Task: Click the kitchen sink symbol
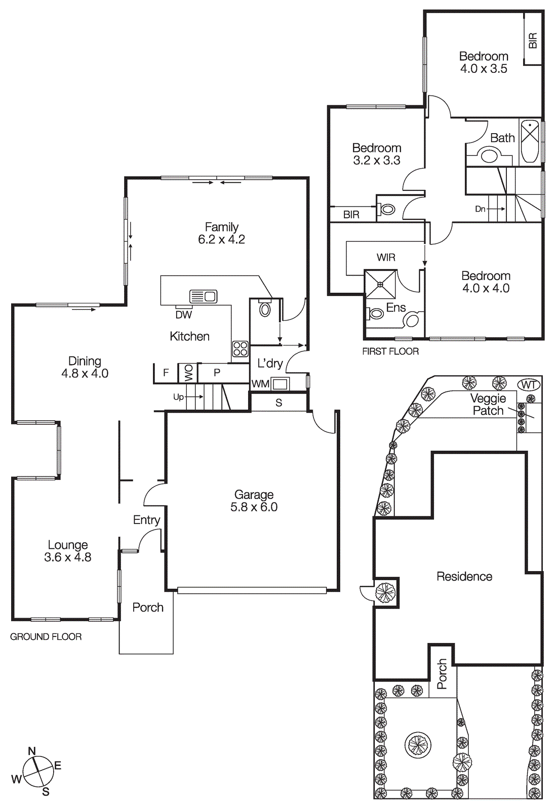[x=204, y=296]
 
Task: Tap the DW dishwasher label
[x=183, y=315]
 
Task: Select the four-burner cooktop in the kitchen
[x=241, y=349]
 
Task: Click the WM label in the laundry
[x=260, y=384]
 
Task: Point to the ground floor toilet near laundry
[x=265, y=308]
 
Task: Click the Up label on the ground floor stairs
[x=178, y=397]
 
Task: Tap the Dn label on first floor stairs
[x=480, y=209]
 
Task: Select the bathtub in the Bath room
[x=530, y=141]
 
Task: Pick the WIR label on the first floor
[x=386, y=257]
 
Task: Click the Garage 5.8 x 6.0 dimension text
[x=254, y=507]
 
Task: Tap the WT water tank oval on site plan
[x=529, y=385]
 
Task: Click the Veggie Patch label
[x=488, y=404]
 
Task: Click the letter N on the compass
[x=32, y=751]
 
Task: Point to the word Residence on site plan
[x=464, y=576]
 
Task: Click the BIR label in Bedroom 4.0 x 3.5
[x=533, y=40]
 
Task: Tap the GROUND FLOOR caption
[x=46, y=636]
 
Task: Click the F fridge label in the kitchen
[x=166, y=373]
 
